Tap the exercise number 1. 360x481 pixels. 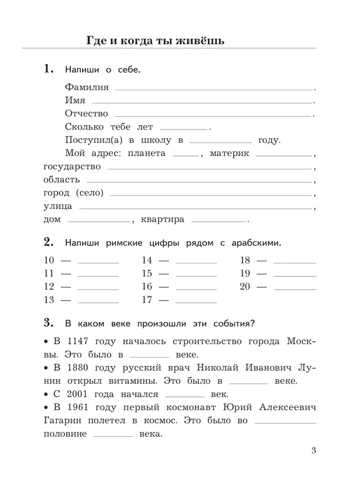tap(48, 69)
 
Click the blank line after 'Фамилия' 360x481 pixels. tap(213, 89)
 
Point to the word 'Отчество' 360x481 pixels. tap(86, 113)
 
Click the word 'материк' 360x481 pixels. tap(229, 153)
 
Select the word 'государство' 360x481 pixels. tap(72, 167)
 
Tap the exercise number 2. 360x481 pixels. tap(48, 242)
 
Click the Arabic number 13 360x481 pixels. tap(49, 300)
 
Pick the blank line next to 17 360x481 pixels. tap(196, 302)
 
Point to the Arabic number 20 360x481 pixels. tap(245, 287)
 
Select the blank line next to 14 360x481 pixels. tap(196, 262)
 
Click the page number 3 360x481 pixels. tap(313, 450)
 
